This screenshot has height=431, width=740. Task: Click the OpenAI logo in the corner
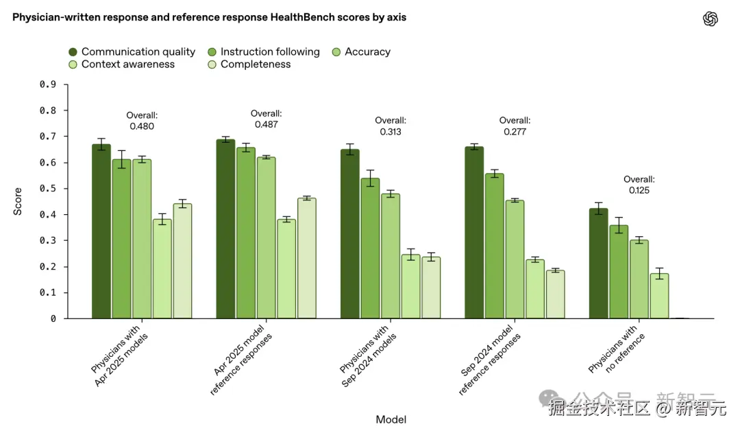click(711, 19)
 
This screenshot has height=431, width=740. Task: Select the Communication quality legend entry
click(132, 52)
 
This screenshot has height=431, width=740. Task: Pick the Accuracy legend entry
click(361, 52)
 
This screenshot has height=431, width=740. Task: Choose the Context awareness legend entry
click(121, 65)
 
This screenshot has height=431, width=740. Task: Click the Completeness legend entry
click(248, 65)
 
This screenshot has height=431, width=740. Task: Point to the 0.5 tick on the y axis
click(47, 189)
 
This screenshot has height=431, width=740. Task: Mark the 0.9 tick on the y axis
click(47, 84)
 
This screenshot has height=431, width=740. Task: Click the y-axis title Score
click(18, 202)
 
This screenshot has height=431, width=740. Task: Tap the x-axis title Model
click(391, 419)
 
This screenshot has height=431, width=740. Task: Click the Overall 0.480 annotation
click(142, 121)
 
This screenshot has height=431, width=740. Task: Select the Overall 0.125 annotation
click(639, 185)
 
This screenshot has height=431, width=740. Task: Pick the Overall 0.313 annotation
click(391, 126)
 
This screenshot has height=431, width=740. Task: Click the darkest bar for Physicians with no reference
click(598, 264)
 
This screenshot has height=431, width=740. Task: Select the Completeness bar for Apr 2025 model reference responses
click(306, 259)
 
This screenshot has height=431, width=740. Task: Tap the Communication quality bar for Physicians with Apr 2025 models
click(101, 232)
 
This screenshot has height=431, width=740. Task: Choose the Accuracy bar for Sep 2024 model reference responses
click(514, 260)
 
